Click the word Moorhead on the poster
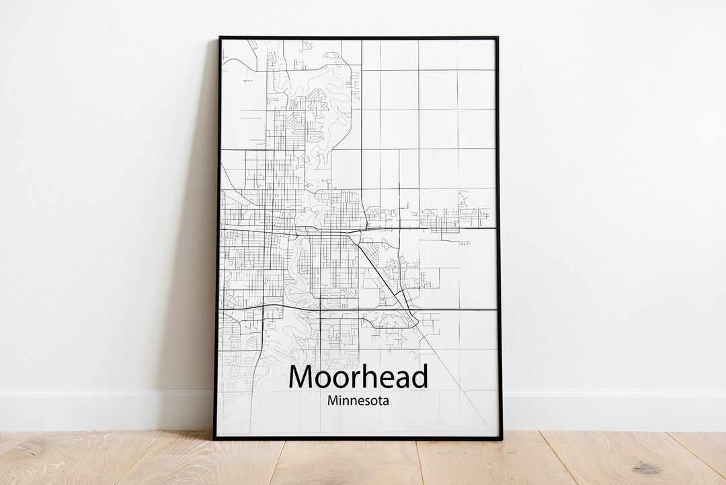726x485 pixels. (x=358, y=377)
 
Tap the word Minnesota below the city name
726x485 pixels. (x=358, y=401)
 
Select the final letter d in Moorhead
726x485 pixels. (x=419, y=377)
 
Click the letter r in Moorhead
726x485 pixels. (x=353, y=379)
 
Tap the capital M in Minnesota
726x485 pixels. (x=333, y=401)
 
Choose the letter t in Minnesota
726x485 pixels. (x=381, y=402)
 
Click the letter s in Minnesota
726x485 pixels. (x=367, y=402)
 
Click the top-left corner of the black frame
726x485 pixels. (x=220, y=38)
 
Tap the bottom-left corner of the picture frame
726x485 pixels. (x=215, y=439)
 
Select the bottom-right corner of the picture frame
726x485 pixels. (x=501, y=439)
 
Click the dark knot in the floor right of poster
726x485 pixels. (x=646, y=468)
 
